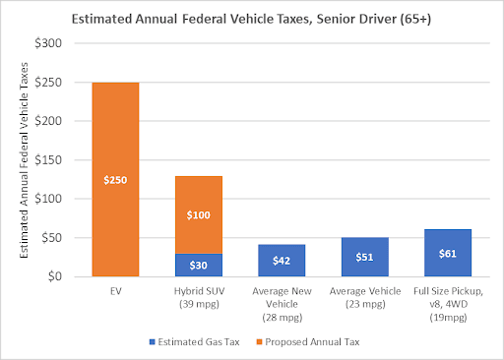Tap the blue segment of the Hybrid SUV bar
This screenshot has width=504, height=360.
[x=198, y=265]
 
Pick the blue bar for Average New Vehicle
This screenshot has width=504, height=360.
[x=282, y=261]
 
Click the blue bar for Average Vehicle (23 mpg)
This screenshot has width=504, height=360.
[x=364, y=257]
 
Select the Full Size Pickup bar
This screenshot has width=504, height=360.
[x=447, y=253]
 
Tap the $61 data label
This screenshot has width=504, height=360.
[x=447, y=254]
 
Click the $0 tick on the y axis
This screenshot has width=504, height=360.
[x=66, y=276]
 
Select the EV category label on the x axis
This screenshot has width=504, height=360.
[x=115, y=291]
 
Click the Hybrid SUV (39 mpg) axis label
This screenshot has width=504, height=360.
[x=198, y=297]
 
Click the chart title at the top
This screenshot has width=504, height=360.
[x=252, y=17]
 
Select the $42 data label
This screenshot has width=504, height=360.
[x=282, y=261]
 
